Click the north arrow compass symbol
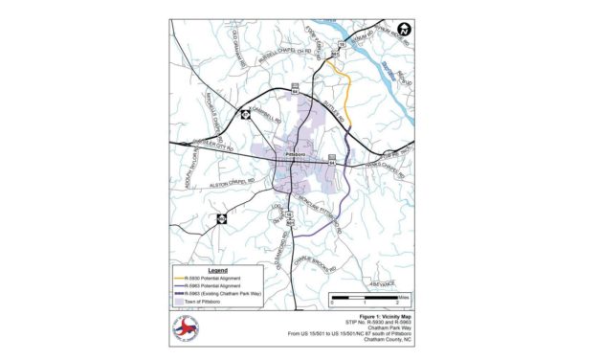click(x=404, y=29)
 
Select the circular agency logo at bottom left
click(x=187, y=329)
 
